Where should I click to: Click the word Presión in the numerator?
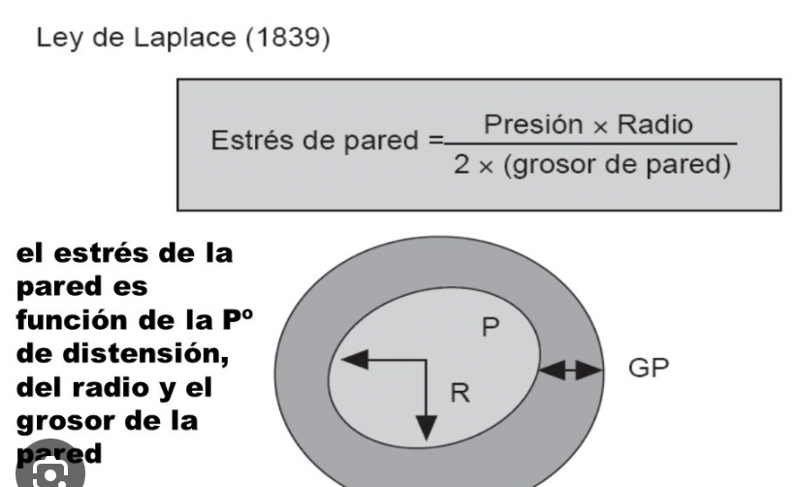click(525, 125)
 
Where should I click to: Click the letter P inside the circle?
click(492, 328)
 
